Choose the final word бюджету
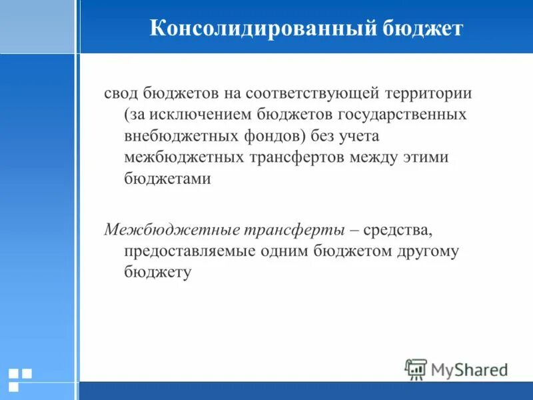(157, 273)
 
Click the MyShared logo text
(469, 369)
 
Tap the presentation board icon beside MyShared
(416, 369)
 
